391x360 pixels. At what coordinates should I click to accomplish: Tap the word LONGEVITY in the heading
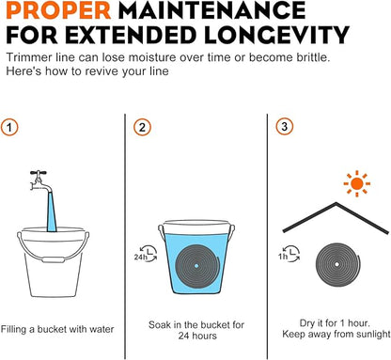click(x=276, y=35)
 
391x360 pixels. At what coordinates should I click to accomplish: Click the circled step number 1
click(x=9, y=127)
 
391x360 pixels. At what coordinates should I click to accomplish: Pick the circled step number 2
click(x=142, y=127)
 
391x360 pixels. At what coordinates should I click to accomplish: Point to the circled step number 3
click(x=285, y=127)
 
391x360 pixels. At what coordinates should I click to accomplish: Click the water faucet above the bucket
click(x=40, y=181)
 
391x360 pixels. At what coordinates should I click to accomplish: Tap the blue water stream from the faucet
click(x=52, y=212)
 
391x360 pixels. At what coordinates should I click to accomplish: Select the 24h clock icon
click(x=146, y=254)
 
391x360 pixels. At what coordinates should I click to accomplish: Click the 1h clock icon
click(x=289, y=254)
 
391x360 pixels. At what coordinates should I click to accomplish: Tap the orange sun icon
click(x=357, y=183)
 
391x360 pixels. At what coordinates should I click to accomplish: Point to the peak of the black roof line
click(x=336, y=203)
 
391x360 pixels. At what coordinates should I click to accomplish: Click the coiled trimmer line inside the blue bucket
click(x=197, y=266)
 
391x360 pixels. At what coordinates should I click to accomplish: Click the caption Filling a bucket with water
click(x=57, y=329)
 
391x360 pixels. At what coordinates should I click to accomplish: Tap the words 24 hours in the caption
click(x=197, y=336)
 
